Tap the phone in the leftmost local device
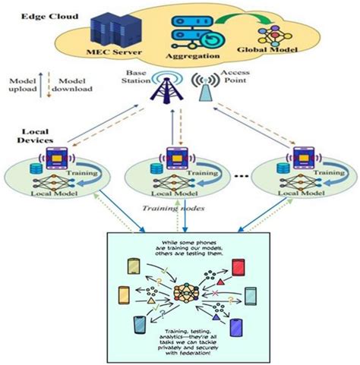coord(56,158)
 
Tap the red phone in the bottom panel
coord(242,267)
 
